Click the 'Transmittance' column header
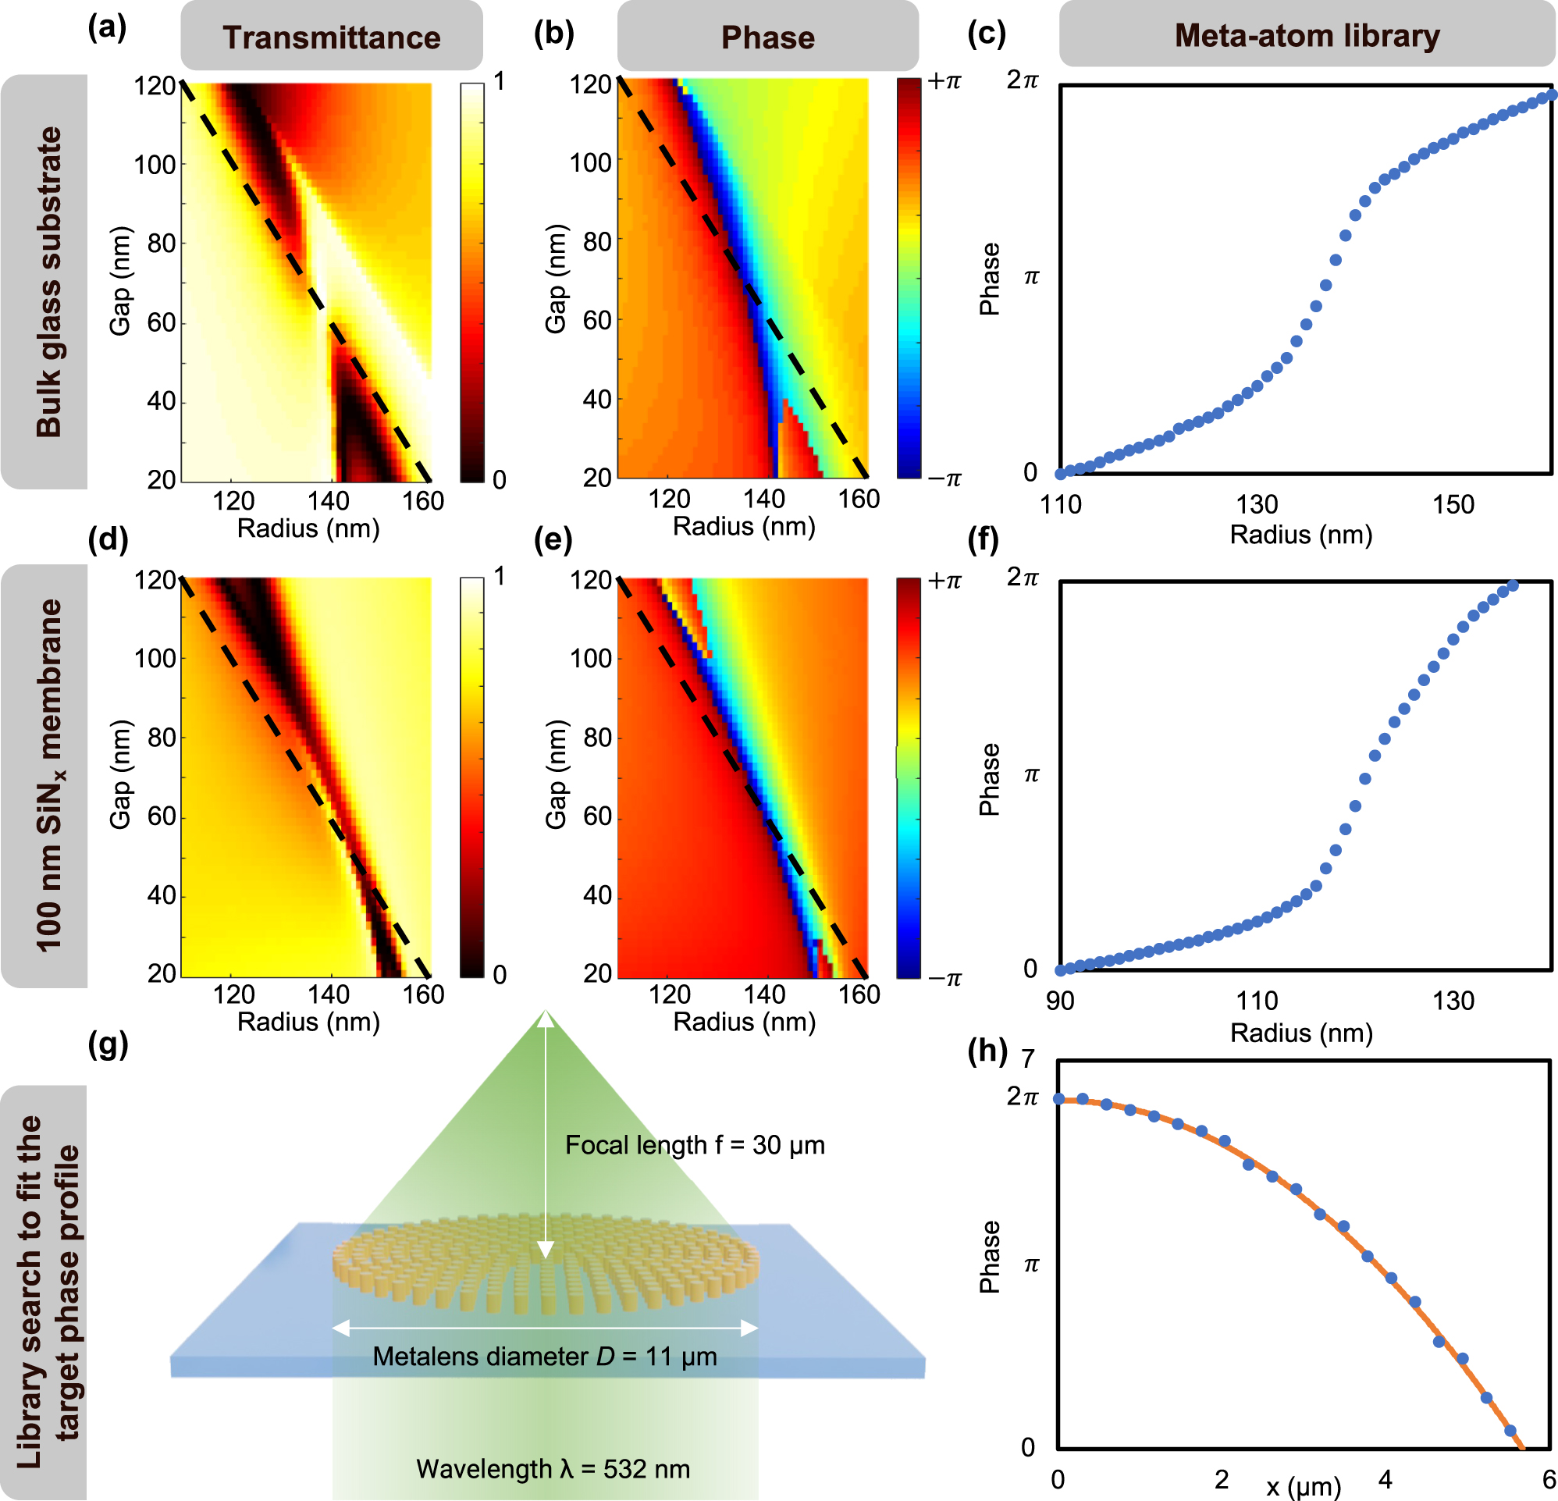click(332, 37)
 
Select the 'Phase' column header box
click(768, 37)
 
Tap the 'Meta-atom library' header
click(1307, 36)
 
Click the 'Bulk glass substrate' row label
click(48, 282)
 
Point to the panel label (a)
click(107, 29)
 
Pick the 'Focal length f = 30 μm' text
click(695, 1145)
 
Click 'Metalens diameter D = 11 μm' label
click(545, 1356)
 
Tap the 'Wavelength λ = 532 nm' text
click(553, 1468)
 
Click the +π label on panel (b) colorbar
click(944, 81)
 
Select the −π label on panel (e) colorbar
click(944, 979)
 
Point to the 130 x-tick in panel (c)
click(1257, 504)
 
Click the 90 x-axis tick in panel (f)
click(1059, 1001)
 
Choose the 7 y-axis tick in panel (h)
click(1028, 1059)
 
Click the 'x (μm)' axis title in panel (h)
click(1304, 1486)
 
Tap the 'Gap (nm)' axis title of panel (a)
click(120, 282)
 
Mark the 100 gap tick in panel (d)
click(155, 658)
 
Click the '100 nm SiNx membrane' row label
click(48, 776)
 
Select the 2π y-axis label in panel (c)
click(1023, 80)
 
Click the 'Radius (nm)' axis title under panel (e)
click(744, 1022)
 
